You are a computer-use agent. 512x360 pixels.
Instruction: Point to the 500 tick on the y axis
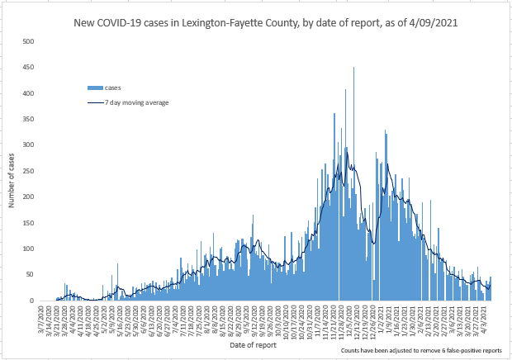pos(29,41)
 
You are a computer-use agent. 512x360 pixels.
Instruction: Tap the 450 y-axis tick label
pos(29,68)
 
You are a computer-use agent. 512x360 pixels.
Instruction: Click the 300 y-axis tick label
pos(29,145)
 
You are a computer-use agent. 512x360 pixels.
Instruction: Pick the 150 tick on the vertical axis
pos(29,223)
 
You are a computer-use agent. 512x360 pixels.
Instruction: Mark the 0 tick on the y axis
pos(32,301)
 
